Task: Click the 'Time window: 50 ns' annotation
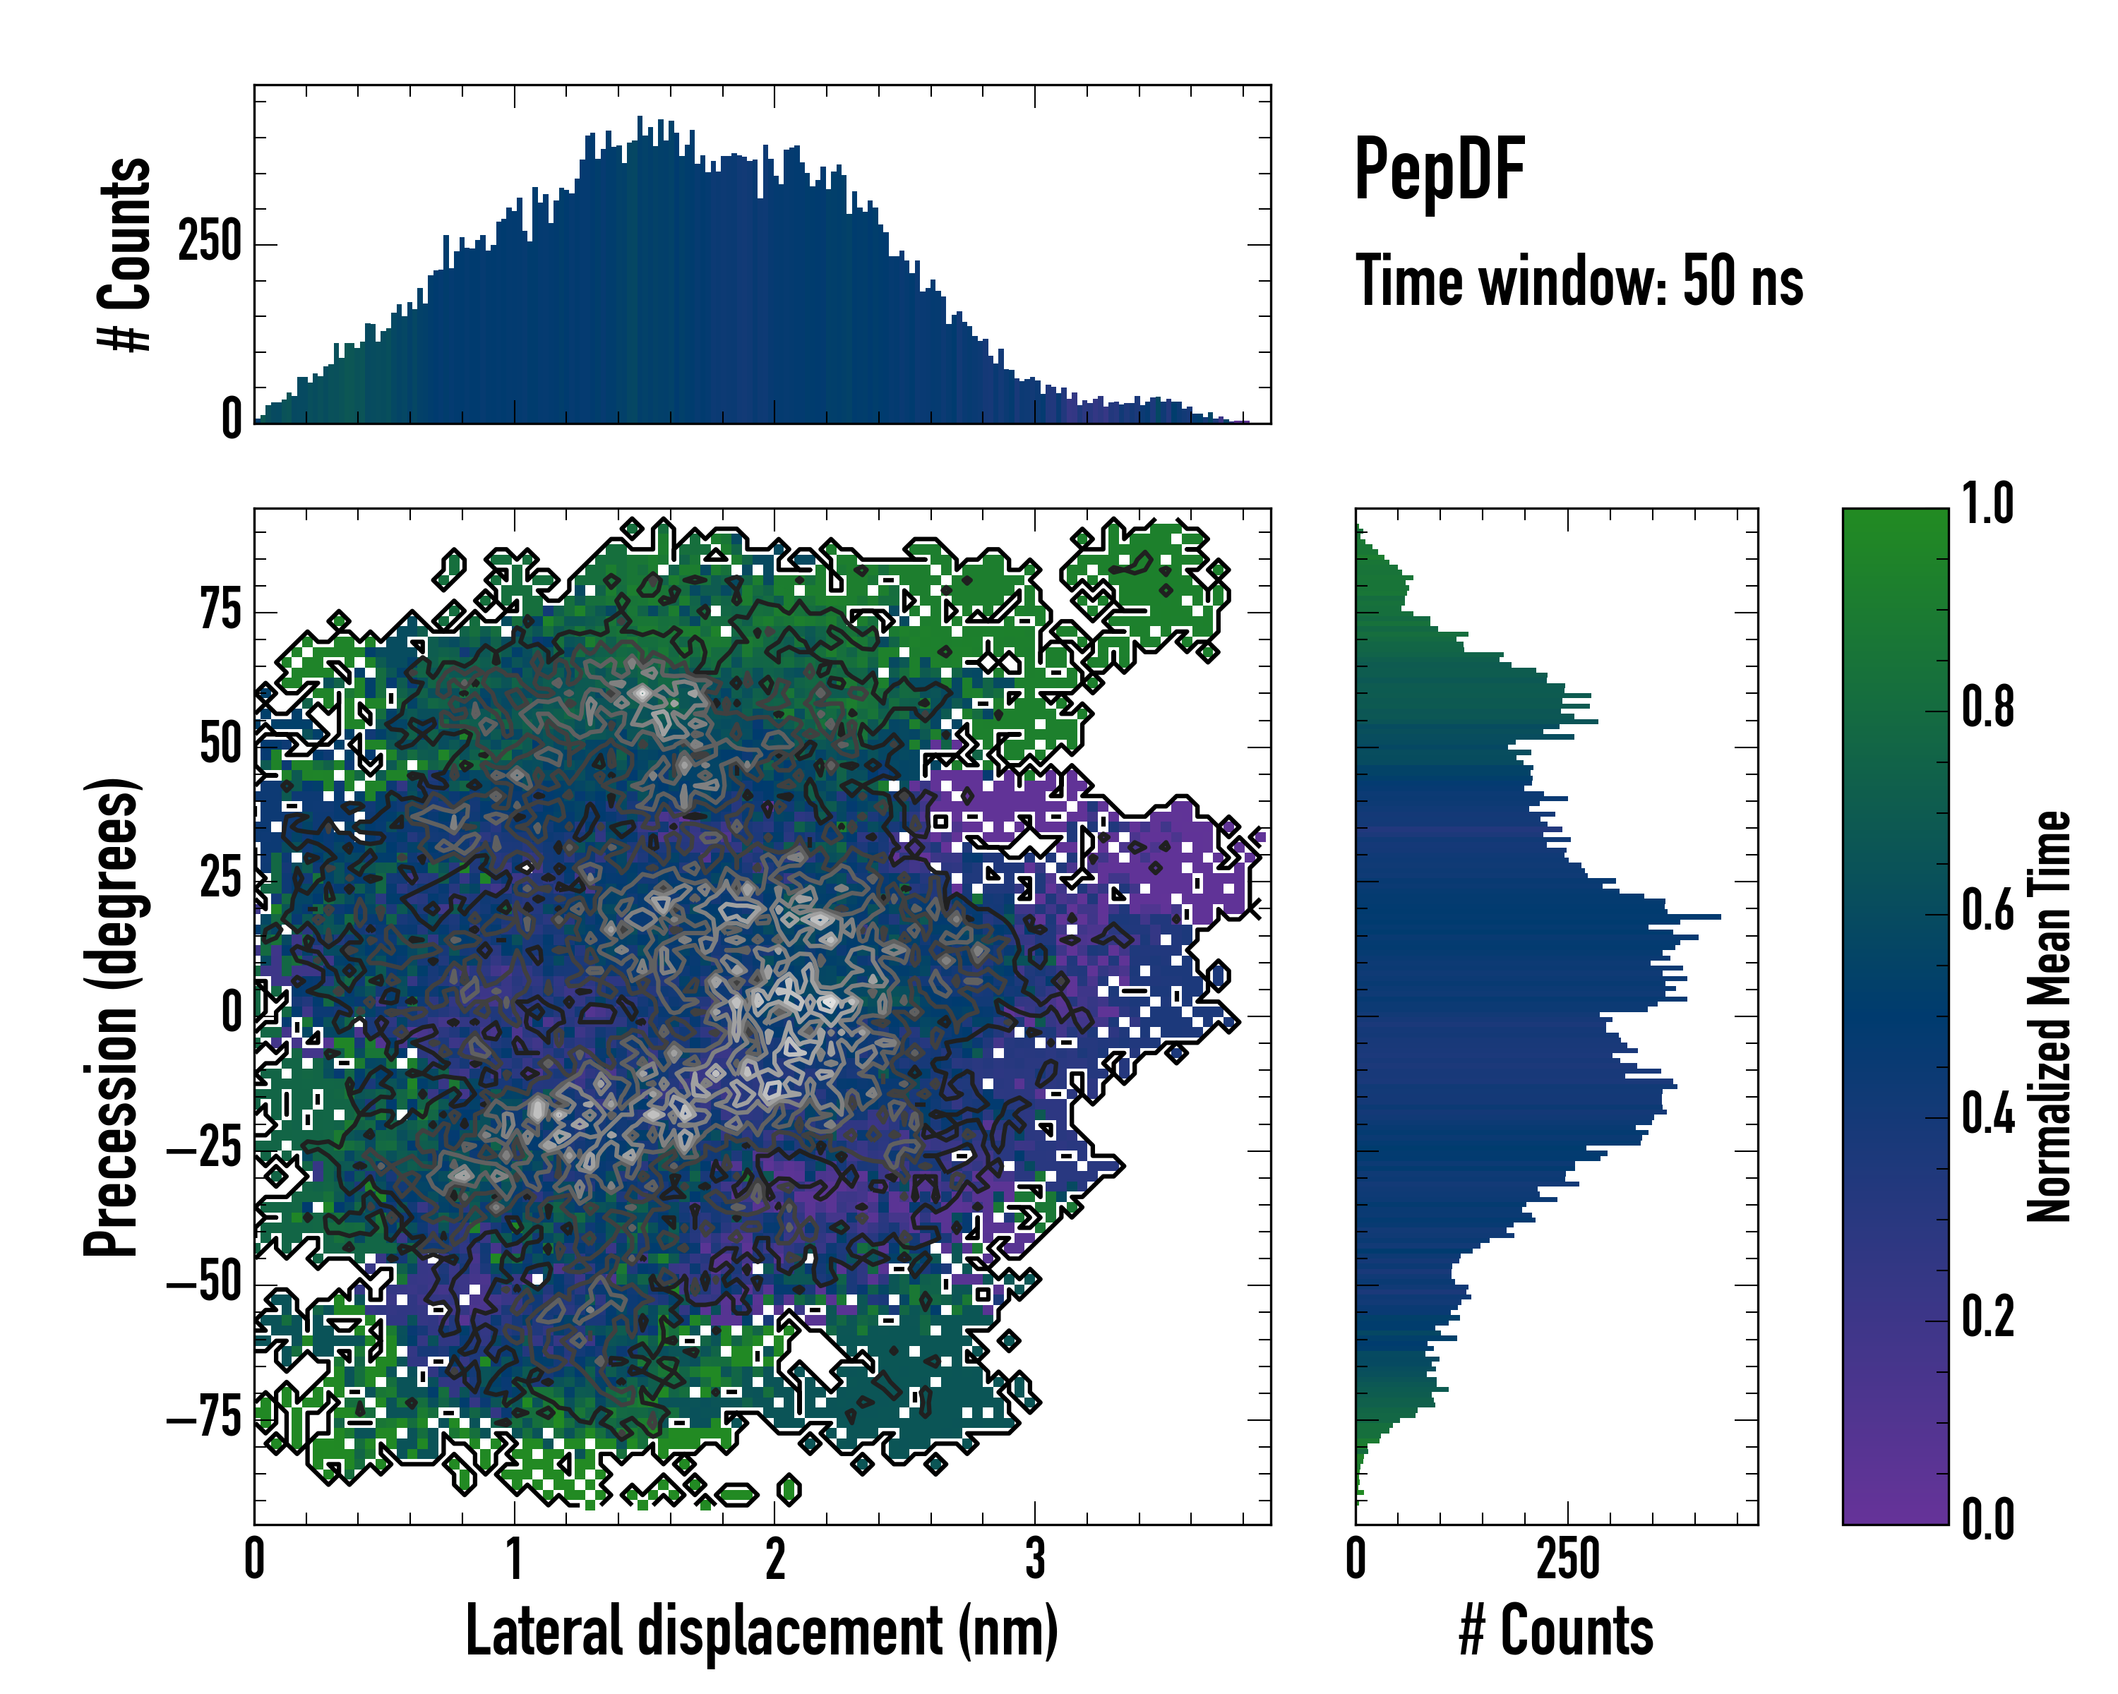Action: (1579, 281)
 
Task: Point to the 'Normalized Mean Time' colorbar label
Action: (2048, 1016)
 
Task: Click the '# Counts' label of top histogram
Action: (126, 254)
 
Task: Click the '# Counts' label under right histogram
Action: (1556, 1631)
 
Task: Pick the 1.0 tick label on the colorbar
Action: (1987, 505)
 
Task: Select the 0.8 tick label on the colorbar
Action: (1987, 707)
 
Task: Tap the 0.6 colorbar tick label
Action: (1987, 911)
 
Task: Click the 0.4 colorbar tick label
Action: (1987, 1114)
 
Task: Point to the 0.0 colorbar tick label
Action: (1987, 1519)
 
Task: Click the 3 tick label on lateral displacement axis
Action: (1034, 1561)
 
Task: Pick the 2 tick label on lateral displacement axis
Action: (775, 1561)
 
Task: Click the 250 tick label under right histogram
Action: (1568, 1561)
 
